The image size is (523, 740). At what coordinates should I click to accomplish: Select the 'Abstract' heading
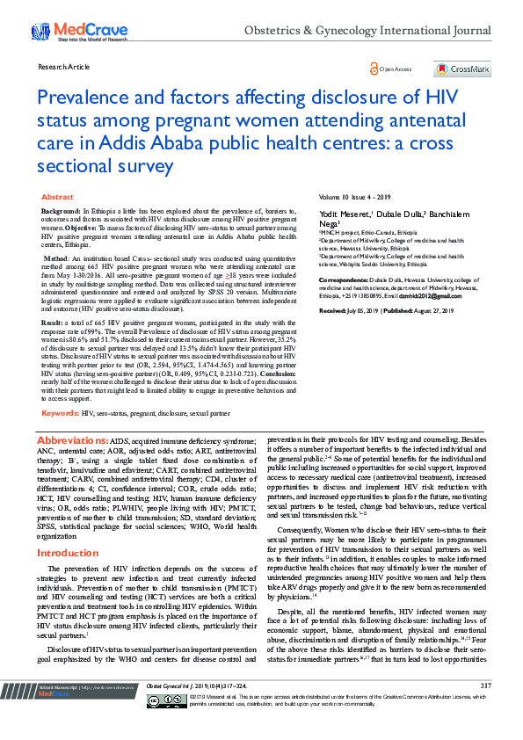click(58, 198)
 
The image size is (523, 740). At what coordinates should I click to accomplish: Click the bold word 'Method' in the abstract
click(55, 259)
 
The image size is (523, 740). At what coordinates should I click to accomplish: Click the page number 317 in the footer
click(486, 710)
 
